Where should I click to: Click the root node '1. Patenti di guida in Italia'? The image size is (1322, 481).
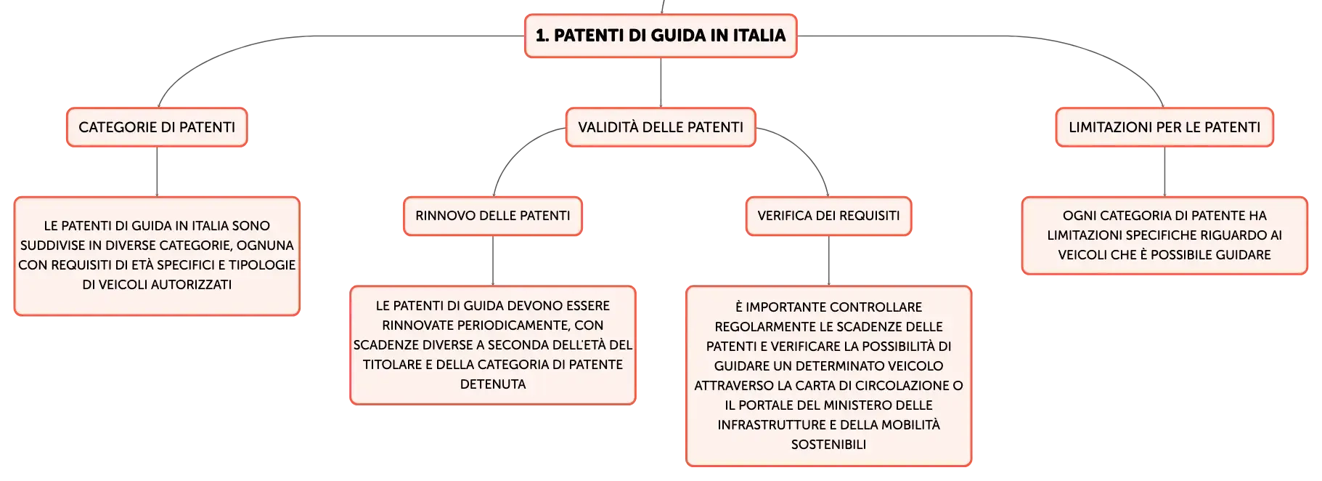[x=661, y=36]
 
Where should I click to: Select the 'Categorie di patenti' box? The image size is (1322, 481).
[x=157, y=127]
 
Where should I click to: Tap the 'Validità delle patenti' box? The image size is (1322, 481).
[x=661, y=127]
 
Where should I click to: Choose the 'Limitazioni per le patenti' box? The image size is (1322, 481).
[x=1164, y=127]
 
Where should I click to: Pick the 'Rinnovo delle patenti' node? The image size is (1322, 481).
[x=493, y=216]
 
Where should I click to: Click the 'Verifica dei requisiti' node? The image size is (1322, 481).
[x=828, y=216]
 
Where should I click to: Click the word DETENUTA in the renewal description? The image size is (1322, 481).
[x=493, y=384]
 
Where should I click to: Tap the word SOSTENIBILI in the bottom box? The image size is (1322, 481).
[x=828, y=445]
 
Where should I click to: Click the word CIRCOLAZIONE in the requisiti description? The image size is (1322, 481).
[x=900, y=386]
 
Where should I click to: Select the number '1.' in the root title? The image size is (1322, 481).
[x=542, y=36]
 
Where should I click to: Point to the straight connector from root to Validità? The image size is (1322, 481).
[x=661, y=83]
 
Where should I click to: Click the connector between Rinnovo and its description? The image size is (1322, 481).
[x=493, y=261]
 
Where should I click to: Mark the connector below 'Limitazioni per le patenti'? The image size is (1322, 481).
[x=1164, y=171]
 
